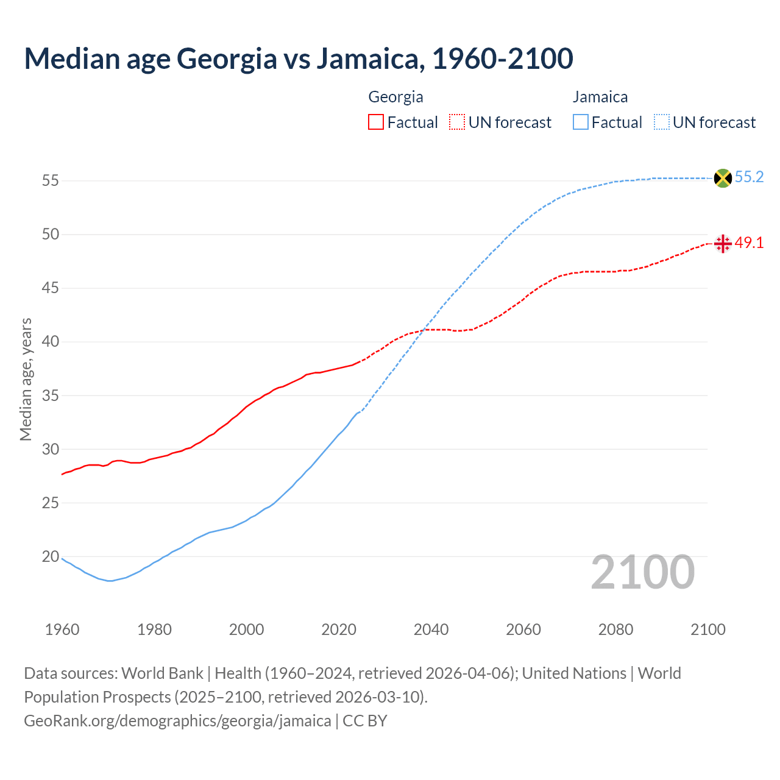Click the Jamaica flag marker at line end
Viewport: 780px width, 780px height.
pyautogui.click(x=723, y=178)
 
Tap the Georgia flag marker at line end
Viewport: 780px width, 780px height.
pyautogui.click(x=723, y=244)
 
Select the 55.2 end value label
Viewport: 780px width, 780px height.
pyautogui.click(x=749, y=177)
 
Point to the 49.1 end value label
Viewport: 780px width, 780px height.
pyautogui.click(x=749, y=243)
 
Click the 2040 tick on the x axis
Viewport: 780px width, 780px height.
pyautogui.click(x=431, y=629)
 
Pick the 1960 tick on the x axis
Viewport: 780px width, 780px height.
pyautogui.click(x=62, y=629)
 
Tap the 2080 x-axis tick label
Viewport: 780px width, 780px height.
pyautogui.click(x=615, y=629)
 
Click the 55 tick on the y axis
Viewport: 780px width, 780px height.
pyautogui.click(x=50, y=181)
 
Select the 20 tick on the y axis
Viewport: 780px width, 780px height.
pyautogui.click(x=50, y=556)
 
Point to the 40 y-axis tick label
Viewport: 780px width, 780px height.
pyautogui.click(x=50, y=342)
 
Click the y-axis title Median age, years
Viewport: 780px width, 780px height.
pyautogui.click(x=26, y=379)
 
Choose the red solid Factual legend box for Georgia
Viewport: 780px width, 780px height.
pyautogui.click(x=376, y=122)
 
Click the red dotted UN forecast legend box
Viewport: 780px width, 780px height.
pyautogui.click(x=457, y=122)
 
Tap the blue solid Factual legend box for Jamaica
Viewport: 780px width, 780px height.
pyautogui.click(x=581, y=122)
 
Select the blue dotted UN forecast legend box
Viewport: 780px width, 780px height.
pyautogui.click(x=662, y=122)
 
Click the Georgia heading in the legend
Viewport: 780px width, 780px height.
pyautogui.click(x=395, y=97)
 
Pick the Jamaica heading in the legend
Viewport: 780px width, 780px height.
pyautogui.click(x=600, y=97)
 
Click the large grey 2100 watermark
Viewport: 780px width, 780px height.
pyautogui.click(x=642, y=572)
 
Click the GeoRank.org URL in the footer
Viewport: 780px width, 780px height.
pyautogui.click(x=177, y=721)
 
